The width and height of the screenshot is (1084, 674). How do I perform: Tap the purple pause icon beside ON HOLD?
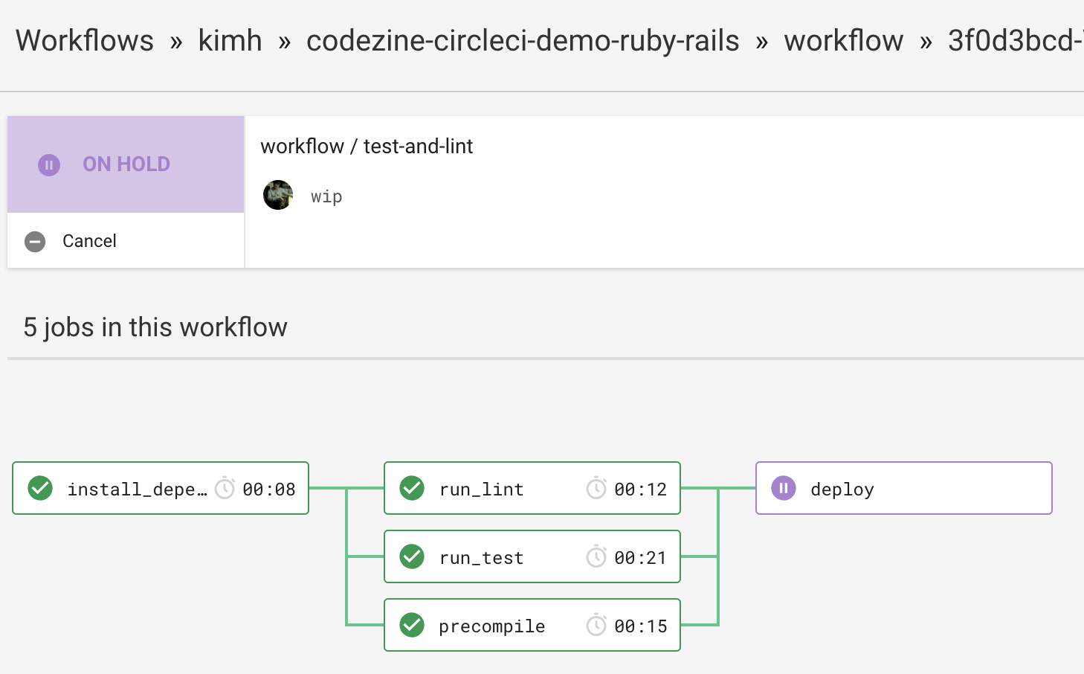click(x=49, y=164)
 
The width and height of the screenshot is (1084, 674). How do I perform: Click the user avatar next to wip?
click(x=278, y=195)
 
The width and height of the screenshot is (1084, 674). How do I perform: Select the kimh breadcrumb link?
click(x=230, y=40)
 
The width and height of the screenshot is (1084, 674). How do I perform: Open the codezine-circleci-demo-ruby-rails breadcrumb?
click(x=523, y=40)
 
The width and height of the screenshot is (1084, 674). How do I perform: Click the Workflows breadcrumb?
click(x=85, y=40)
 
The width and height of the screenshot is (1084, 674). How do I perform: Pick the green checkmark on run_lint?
click(x=412, y=488)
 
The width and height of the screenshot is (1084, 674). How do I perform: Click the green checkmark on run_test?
click(x=412, y=556)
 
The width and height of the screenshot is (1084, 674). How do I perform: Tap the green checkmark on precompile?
click(x=412, y=625)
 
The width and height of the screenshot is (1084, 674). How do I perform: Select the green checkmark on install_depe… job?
click(x=40, y=488)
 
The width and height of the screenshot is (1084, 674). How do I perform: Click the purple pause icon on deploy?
click(x=784, y=488)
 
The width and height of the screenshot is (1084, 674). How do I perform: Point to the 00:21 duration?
click(x=640, y=558)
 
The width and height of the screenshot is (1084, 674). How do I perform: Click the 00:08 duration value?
click(x=268, y=490)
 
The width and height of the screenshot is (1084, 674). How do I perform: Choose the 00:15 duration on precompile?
click(x=640, y=626)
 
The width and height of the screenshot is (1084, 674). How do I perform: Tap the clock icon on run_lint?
click(x=596, y=487)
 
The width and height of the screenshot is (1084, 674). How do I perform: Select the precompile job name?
click(x=491, y=627)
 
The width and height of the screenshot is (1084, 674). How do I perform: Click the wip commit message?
click(x=326, y=196)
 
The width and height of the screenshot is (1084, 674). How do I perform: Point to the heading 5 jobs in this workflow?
click(x=155, y=327)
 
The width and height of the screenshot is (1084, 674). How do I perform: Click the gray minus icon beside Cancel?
click(x=35, y=242)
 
